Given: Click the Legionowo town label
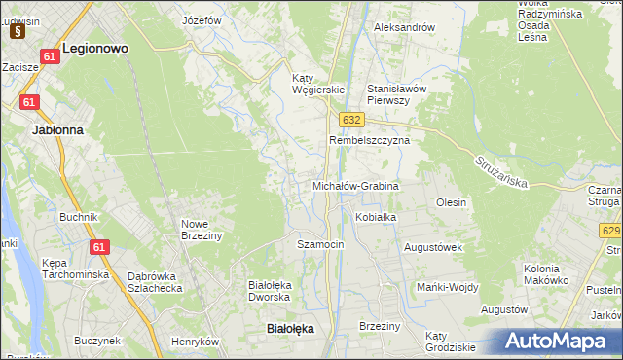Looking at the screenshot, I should [x=95, y=47].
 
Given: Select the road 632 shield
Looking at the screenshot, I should [x=352, y=119].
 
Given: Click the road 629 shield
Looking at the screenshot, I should [x=611, y=230].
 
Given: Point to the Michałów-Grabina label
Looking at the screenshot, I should [x=355, y=185].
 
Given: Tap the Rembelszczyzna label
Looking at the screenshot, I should [x=369, y=140].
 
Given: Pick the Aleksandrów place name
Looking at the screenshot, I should [x=404, y=27].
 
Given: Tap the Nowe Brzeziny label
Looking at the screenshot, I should [x=202, y=230].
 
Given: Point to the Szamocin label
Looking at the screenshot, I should [x=320, y=244].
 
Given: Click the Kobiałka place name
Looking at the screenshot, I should [x=376, y=217].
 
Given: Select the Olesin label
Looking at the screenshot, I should [x=452, y=202].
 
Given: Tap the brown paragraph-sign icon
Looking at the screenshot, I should [x=18, y=30].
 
